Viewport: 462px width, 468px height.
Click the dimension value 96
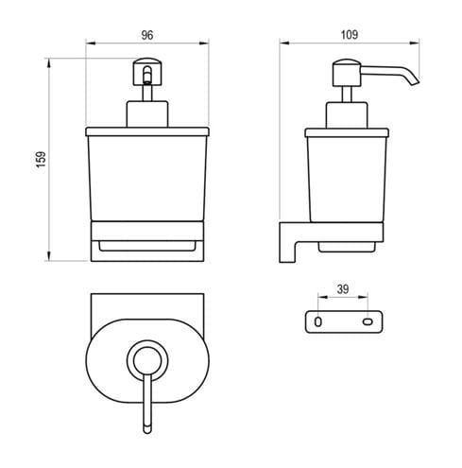147,35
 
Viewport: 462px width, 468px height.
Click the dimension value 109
350,35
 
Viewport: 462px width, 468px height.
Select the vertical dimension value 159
42,160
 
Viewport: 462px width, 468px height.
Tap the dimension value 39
343,289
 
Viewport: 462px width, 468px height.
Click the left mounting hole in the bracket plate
318,321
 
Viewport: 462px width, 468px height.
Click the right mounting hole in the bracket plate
368,321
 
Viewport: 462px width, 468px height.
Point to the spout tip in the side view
415,82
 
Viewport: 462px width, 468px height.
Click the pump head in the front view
147,72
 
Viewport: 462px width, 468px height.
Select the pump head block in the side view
347,73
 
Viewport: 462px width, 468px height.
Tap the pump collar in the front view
147,113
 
